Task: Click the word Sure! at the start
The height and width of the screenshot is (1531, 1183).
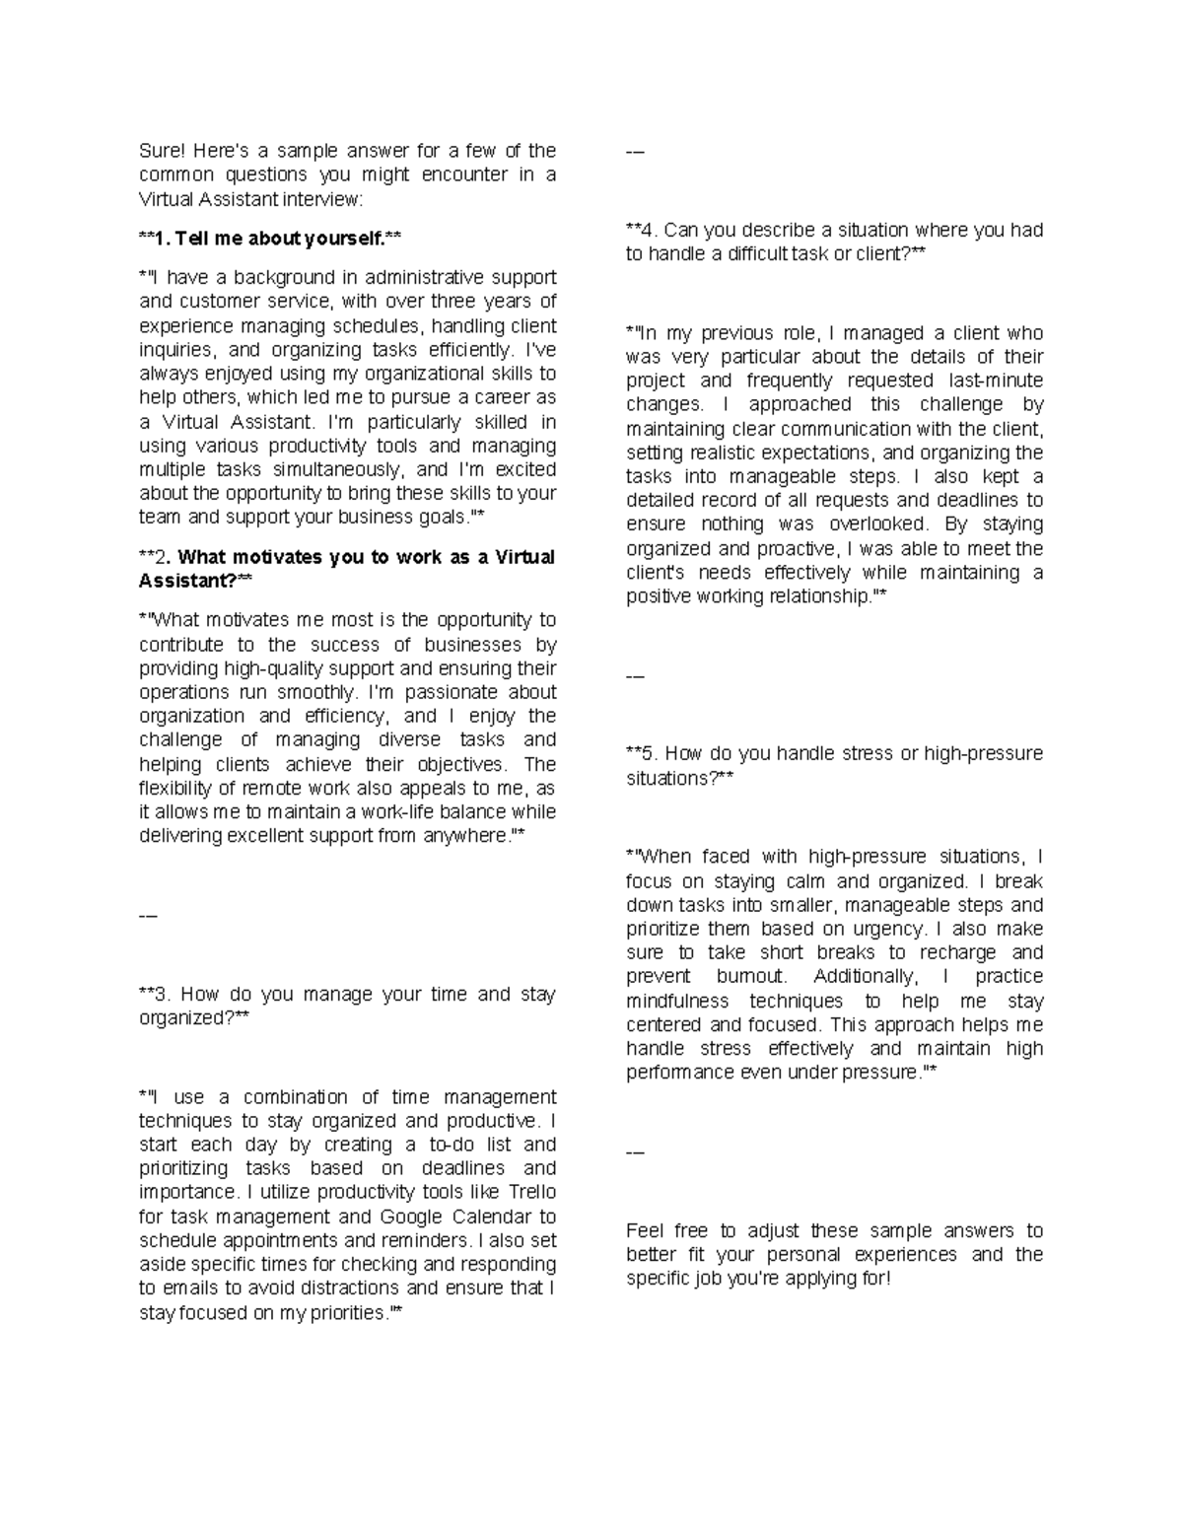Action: tap(161, 151)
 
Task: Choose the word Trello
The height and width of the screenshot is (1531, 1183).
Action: tap(530, 1193)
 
